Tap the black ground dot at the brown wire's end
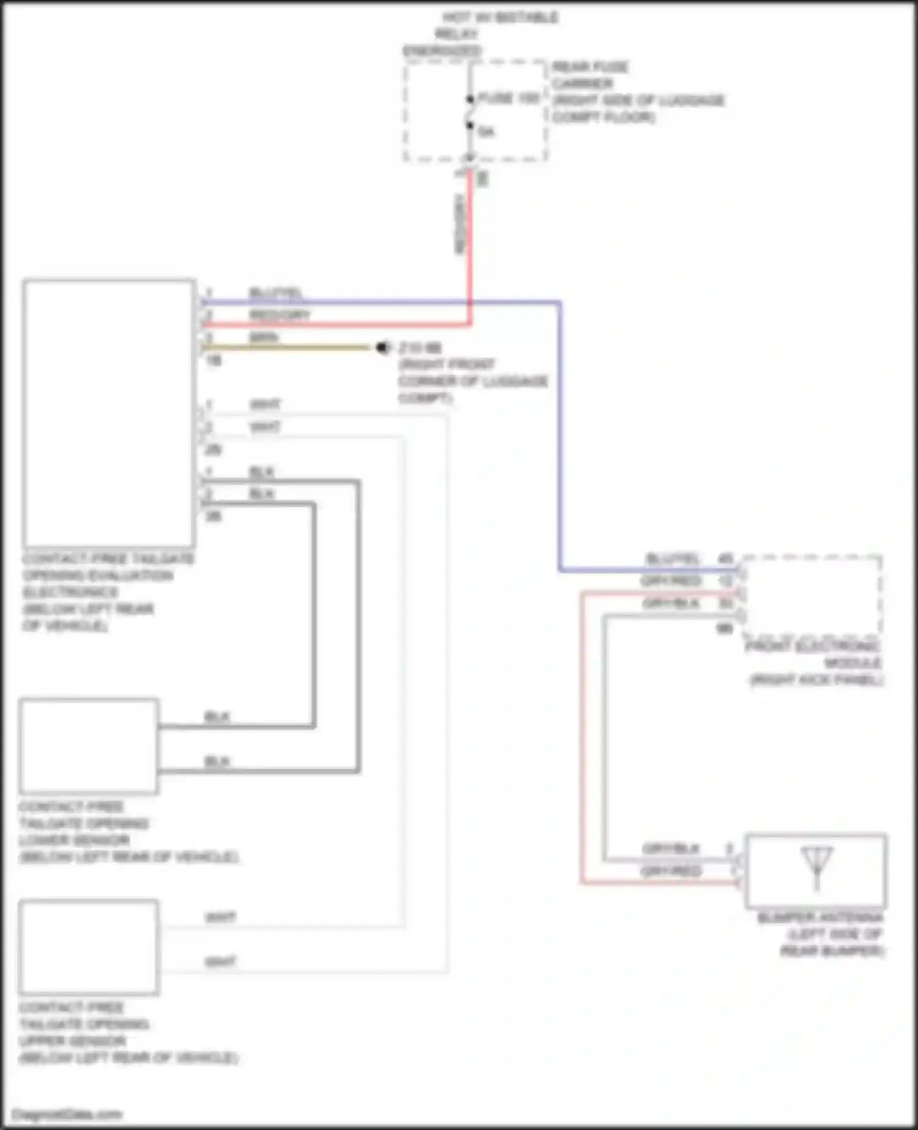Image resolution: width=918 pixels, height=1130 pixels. coord(384,348)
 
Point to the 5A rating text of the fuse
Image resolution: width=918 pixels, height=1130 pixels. coord(486,132)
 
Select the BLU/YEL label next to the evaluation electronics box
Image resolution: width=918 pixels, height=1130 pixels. coord(276,293)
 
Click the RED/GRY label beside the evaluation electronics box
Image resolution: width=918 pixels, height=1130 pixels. coord(279,315)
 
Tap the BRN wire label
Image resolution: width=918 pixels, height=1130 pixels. coord(264,337)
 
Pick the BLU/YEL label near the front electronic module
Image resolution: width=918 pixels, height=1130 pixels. coord(672,558)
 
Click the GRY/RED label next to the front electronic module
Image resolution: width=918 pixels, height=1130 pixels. coord(671,581)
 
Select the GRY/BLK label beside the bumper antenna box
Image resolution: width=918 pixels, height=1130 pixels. coord(671,849)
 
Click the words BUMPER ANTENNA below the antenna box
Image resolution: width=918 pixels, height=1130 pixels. coord(820,918)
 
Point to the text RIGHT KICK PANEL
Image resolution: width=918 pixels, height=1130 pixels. coord(817,680)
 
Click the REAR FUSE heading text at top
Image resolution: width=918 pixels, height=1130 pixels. coord(590,67)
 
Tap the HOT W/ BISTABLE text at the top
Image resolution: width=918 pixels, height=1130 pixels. coord(501,17)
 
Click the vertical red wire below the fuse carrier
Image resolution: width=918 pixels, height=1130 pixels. coord(470,245)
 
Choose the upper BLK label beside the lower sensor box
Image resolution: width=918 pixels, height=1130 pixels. coord(217,717)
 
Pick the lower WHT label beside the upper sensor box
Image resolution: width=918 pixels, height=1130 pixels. coord(220,962)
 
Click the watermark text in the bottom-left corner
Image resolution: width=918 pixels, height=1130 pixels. coord(67,1114)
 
